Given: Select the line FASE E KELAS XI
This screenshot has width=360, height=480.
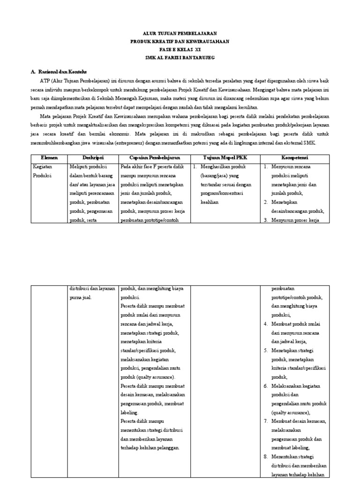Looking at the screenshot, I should tap(180, 49).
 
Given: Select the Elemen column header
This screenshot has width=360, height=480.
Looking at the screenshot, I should tap(49, 158).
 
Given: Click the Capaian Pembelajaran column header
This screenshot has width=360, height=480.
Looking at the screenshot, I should tap(154, 158).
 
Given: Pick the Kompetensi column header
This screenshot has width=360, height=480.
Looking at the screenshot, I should tap(294, 158).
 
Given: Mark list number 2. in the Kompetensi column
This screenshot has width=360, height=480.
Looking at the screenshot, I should tap(265, 202).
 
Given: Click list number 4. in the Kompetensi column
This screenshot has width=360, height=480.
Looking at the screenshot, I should tap(265, 323).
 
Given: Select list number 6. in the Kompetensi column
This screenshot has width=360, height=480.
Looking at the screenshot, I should tap(265, 386).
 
